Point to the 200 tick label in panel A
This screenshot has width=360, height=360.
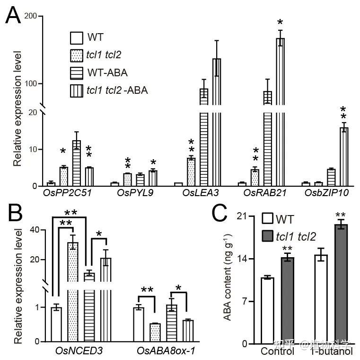[30, 16]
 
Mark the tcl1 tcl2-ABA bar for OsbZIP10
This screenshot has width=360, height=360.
[344, 156]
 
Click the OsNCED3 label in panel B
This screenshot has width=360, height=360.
[83, 351]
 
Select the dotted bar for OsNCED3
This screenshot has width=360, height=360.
[73, 292]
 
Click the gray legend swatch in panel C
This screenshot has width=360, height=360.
[268, 235]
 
